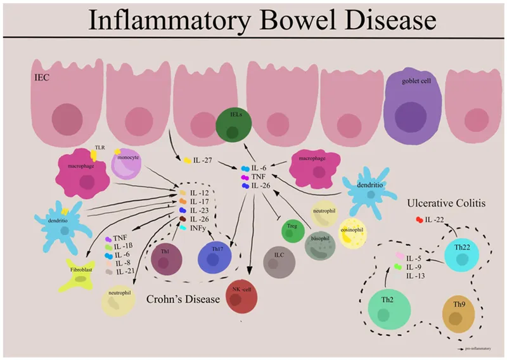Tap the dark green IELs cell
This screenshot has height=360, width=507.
232,124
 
